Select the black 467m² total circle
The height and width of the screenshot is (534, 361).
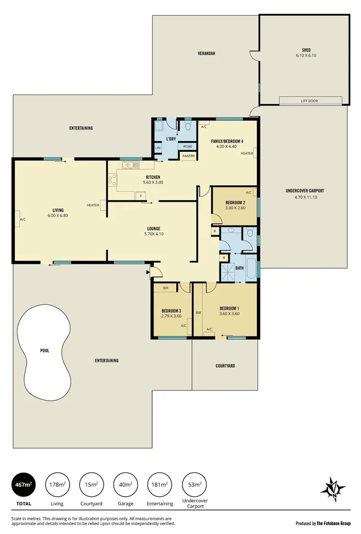(x=24, y=485)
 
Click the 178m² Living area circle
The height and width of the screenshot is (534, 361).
(x=58, y=485)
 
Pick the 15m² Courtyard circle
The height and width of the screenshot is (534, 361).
(x=91, y=485)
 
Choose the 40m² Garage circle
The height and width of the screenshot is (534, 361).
(x=125, y=485)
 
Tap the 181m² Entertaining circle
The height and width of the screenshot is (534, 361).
(x=159, y=485)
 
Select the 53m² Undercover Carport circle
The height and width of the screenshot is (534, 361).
(x=193, y=485)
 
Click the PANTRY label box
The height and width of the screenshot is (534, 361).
(x=188, y=156)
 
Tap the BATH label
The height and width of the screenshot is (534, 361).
(x=239, y=268)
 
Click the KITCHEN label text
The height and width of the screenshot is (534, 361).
(x=152, y=177)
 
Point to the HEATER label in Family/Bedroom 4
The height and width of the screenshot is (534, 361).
(x=247, y=154)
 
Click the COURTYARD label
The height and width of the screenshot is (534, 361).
(x=225, y=366)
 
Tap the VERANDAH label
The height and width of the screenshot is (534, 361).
(x=206, y=54)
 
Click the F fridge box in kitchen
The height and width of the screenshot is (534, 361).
(x=141, y=196)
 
